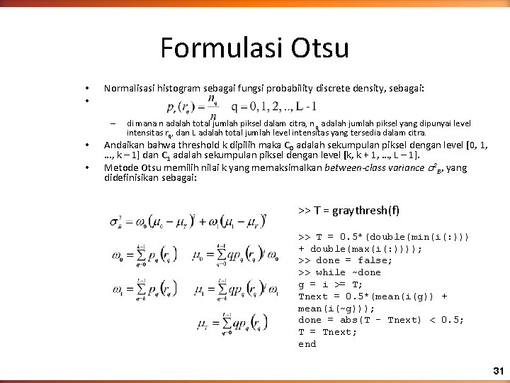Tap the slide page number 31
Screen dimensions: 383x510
pos(497,371)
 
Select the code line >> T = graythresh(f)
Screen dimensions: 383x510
pos(348,210)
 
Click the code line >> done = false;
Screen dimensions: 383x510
pos(346,260)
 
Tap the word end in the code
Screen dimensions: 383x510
pos(307,344)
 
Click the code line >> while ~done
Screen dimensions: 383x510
pos(339,272)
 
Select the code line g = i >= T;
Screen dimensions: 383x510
pos(331,284)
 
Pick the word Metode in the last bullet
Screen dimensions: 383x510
pos(120,167)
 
